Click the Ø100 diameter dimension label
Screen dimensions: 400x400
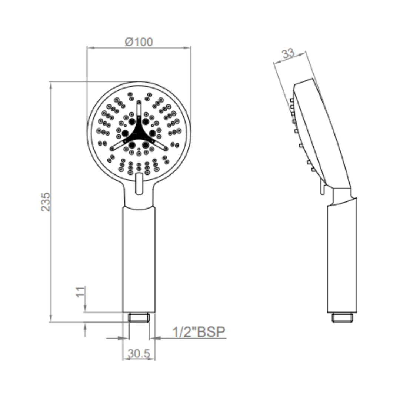click(139, 42)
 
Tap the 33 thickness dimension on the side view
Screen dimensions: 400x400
click(288, 54)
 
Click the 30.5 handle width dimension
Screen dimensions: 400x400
click(139, 354)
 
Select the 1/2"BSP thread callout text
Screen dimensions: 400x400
click(199, 332)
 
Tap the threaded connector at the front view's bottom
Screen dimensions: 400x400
click(139, 317)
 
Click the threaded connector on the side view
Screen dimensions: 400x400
click(342, 317)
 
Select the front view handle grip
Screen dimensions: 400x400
click(139, 259)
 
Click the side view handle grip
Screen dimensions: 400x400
click(342, 259)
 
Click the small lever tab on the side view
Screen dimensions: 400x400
click(322, 188)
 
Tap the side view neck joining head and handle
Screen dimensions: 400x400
click(341, 195)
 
